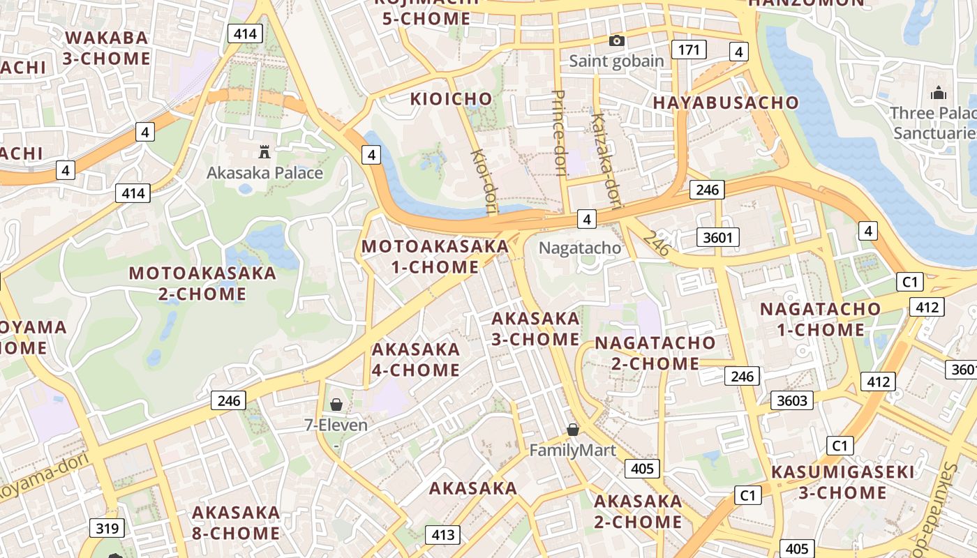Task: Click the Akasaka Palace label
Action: click(x=264, y=173)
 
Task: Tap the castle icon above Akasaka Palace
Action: click(x=264, y=151)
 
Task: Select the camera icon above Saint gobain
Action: click(x=616, y=41)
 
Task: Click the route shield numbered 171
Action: click(x=689, y=50)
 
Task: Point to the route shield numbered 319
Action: click(x=107, y=528)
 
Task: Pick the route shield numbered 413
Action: click(x=443, y=535)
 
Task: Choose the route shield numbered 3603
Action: click(x=792, y=400)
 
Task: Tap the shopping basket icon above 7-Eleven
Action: click(x=336, y=405)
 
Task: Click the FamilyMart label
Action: click(x=572, y=451)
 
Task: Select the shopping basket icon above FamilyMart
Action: click(x=573, y=430)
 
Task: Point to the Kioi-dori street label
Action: click(x=483, y=179)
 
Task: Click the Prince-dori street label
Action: click(x=559, y=133)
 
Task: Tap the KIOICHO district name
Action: click(x=451, y=99)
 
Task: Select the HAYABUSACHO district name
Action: click(x=726, y=103)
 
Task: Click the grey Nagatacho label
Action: click(x=580, y=248)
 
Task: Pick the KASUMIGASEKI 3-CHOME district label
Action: click(x=842, y=483)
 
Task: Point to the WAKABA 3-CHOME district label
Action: click(x=107, y=48)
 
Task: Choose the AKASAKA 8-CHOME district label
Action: click(x=236, y=523)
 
